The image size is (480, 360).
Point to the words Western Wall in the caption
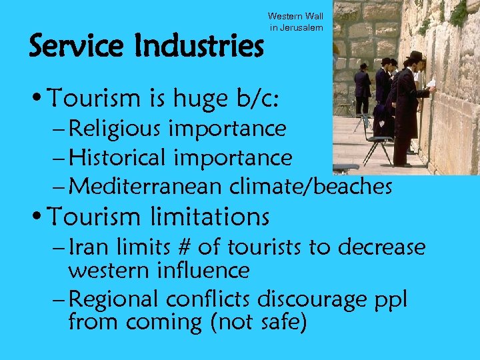pos(295,16)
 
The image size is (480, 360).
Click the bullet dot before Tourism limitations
pos(36,217)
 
